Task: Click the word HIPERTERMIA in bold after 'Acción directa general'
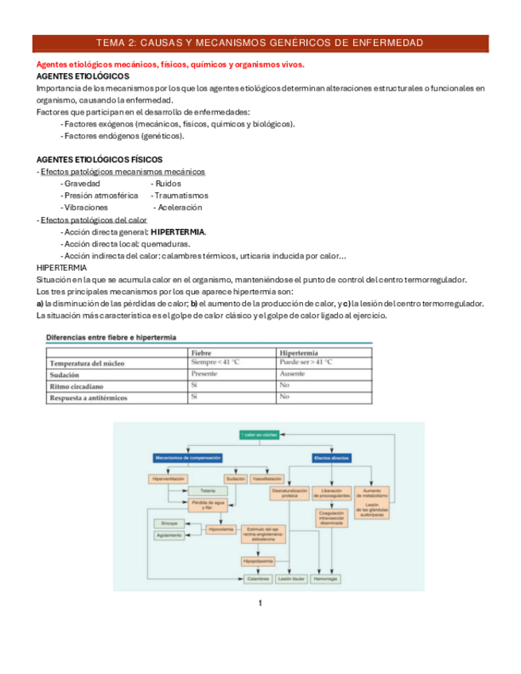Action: point(177,232)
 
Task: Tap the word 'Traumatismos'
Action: point(181,195)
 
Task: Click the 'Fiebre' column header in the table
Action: point(202,352)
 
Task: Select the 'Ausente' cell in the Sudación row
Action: point(292,374)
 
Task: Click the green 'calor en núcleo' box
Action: point(259,435)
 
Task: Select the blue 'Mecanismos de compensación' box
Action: point(186,458)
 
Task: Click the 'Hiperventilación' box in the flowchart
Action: point(168,479)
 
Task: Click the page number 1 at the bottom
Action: point(260,604)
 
